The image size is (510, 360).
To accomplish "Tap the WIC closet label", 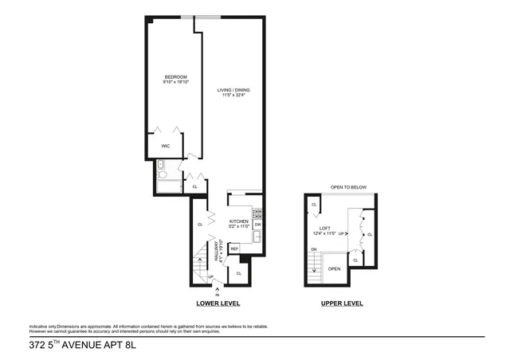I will point(166,146).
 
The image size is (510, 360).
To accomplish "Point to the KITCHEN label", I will point(240,221).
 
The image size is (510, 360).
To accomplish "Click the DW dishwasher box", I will point(258,225).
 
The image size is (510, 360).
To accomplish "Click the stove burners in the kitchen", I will point(258,213).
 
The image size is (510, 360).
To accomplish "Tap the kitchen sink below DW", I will point(258,237).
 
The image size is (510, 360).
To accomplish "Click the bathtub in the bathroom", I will point(170,187).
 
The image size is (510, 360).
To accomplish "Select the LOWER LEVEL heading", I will point(218,303).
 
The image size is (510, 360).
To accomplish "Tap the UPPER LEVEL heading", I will point(342,303).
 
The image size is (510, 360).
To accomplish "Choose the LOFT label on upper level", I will point(325,228).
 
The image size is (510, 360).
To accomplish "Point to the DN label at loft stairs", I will point(314,250).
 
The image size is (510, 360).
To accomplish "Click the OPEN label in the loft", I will point(334,268).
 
